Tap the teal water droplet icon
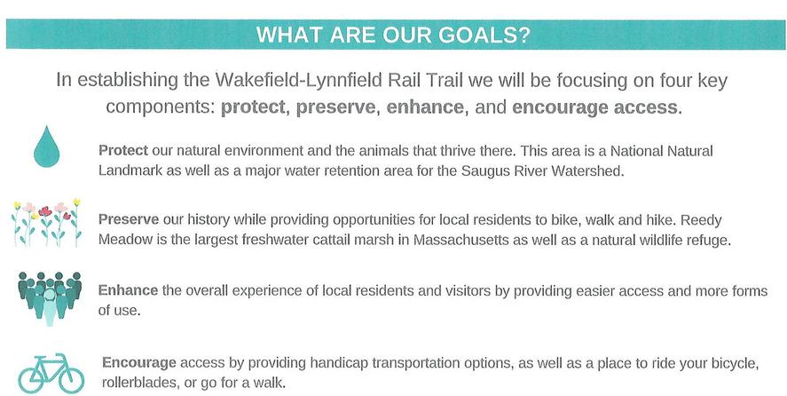click(x=47, y=147)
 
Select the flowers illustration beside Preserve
click(x=46, y=223)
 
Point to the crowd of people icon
click(x=49, y=298)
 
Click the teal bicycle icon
click(x=51, y=373)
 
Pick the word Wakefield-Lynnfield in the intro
click(x=339, y=81)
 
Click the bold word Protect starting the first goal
click(x=123, y=151)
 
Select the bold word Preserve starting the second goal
click(x=129, y=220)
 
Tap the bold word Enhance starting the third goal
click(x=128, y=291)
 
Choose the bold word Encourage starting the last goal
click(x=139, y=363)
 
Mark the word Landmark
click(x=130, y=170)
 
